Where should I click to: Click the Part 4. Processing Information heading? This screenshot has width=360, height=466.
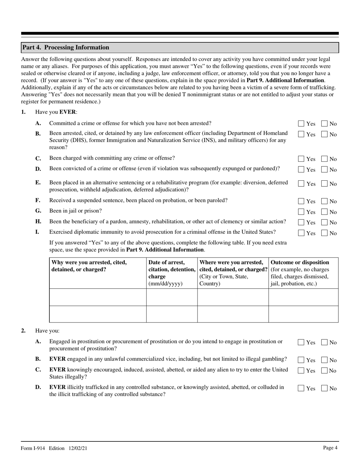pos(66,47)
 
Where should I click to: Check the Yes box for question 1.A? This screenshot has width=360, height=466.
pos(301,124)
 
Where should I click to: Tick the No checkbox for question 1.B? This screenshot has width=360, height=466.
pos(324,134)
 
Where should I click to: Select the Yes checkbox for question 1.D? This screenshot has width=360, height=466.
pos(301,170)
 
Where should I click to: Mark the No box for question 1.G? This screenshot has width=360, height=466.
pos(324,212)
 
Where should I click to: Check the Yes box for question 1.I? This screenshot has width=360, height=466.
pos(301,233)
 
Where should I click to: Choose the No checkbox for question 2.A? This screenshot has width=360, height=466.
pos(324,342)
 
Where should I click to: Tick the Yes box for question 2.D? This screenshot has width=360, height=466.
pos(301,388)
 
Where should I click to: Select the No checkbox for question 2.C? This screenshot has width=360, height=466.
pos(324,371)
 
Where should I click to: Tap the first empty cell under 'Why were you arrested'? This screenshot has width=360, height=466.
pos(98,297)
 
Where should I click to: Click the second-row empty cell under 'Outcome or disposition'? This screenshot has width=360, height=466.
pos(303,314)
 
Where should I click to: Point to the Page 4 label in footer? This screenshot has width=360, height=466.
pos(330,448)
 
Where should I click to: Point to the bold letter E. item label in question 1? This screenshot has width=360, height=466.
pos(38,183)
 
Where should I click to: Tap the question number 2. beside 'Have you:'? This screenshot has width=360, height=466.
pos(23,330)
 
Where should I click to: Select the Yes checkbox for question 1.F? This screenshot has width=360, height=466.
pos(301,201)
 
